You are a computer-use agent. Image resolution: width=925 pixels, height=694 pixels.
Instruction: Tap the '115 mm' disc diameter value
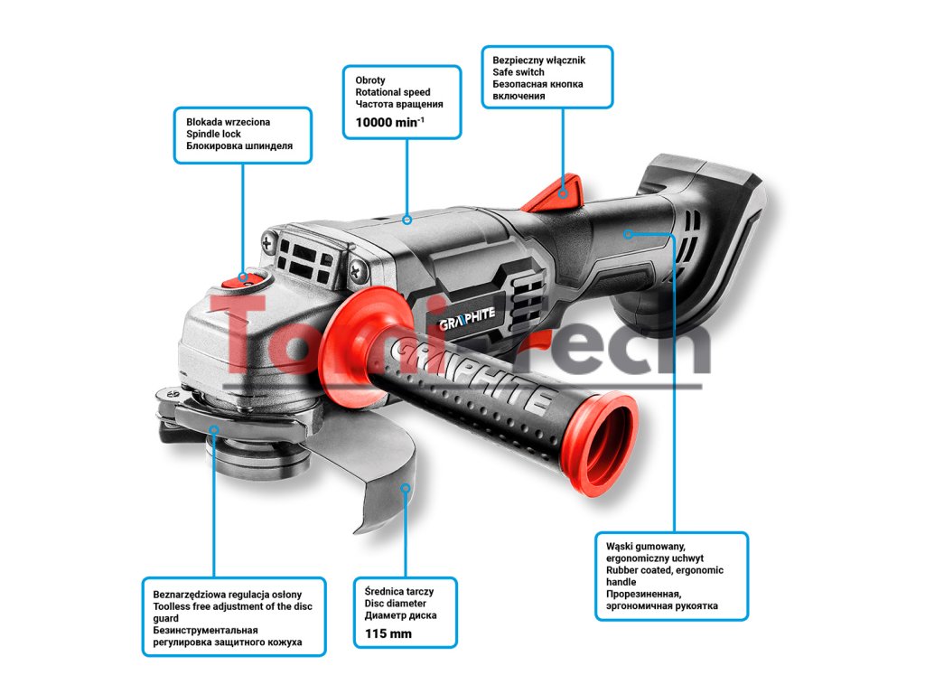388,633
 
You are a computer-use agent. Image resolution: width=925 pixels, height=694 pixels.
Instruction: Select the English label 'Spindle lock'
213,134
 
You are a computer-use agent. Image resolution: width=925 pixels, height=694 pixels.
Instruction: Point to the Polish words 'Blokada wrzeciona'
228,121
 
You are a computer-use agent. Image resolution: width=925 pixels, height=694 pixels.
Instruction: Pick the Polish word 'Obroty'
370,80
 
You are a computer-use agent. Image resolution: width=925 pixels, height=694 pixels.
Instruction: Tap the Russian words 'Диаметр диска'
400,615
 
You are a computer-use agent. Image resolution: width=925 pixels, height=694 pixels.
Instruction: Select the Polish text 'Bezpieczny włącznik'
539,60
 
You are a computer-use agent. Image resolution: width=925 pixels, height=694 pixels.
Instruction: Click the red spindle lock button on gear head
243,279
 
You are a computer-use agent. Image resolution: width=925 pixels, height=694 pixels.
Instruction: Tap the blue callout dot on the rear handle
628,233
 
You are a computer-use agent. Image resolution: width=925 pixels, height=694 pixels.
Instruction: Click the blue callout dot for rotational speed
407,219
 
